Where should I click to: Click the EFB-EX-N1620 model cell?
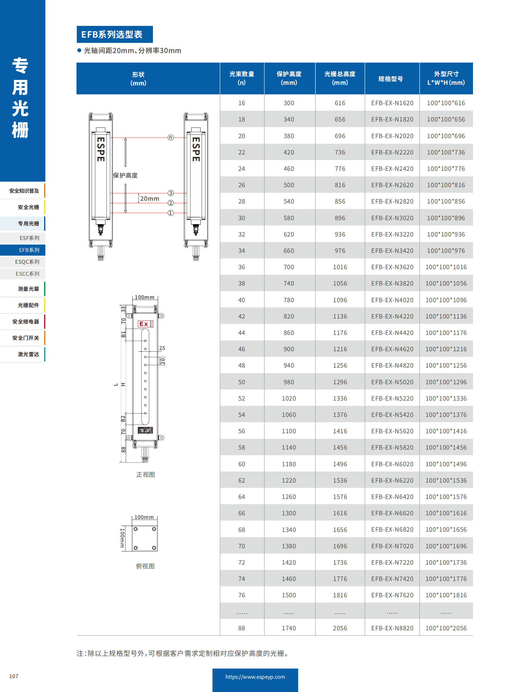392,103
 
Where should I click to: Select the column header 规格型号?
391,79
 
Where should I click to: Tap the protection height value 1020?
288,398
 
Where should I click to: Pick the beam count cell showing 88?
241,628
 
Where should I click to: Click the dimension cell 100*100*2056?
446,628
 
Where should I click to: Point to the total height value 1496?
339,464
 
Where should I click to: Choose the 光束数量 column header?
241,78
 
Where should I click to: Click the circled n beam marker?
171,138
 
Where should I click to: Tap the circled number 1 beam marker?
171,213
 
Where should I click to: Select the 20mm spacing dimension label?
150,199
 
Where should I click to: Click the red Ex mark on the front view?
144,324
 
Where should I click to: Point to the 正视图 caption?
146,475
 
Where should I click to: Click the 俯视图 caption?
145,566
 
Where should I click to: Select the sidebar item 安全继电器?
26,321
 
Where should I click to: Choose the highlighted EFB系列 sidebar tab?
29,250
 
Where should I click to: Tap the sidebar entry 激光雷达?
28,354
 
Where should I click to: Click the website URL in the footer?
255,677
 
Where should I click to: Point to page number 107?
14,676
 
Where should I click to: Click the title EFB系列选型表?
111,34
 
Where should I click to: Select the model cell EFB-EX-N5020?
392,382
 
